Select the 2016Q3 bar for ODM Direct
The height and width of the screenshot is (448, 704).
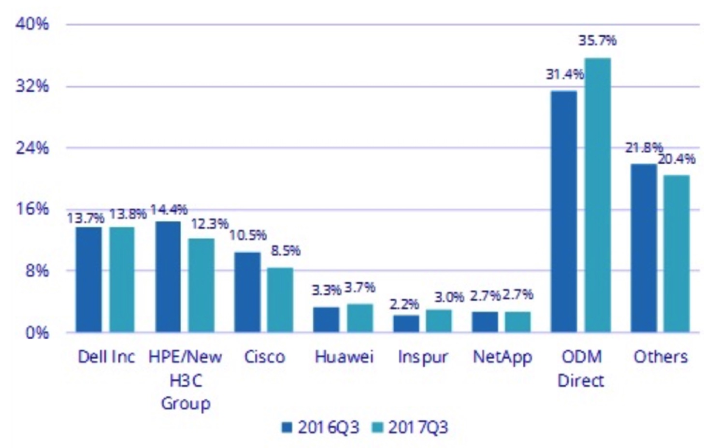pyautogui.click(x=563, y=211)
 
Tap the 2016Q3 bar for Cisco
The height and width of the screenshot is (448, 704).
pyautogui.click(x=247, y=292)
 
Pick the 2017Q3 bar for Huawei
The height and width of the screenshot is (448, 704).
pyautogui.click(x=359, y=318)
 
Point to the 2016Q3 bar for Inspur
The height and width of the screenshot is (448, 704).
pyautogui.click(x=406, y=323)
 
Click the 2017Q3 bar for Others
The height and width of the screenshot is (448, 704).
pyautogui.click(x=676, y=253)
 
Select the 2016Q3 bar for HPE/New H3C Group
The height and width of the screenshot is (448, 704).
pyautogui.click(x=168, y=276)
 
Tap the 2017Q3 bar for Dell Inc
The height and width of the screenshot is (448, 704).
pyautogui.click(x=122, y=279)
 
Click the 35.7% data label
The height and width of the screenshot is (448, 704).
pyautogui.click(x=597, y=41)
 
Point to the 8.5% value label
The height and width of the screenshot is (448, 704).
pyautogui.click(x=285, y=250)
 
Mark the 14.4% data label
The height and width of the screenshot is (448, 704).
pyautogui.click(x=169, y=210)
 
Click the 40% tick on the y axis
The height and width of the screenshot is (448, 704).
pyautogui.click(x=32, y=24)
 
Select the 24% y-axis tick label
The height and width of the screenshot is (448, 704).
pyautogui.click(x=32, y=147)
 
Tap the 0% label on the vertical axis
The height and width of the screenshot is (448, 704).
pyautogui.click(x=37, y=332)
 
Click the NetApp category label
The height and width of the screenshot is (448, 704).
pyautogui.click(x=502, y=357)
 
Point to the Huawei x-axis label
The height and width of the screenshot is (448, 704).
pyautogui.click(x=344, y=357)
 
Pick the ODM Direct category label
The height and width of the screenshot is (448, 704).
pyautogui.click(x=581, y=368)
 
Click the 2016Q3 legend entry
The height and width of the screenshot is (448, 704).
pyautogui.click(x=321, y=427)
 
